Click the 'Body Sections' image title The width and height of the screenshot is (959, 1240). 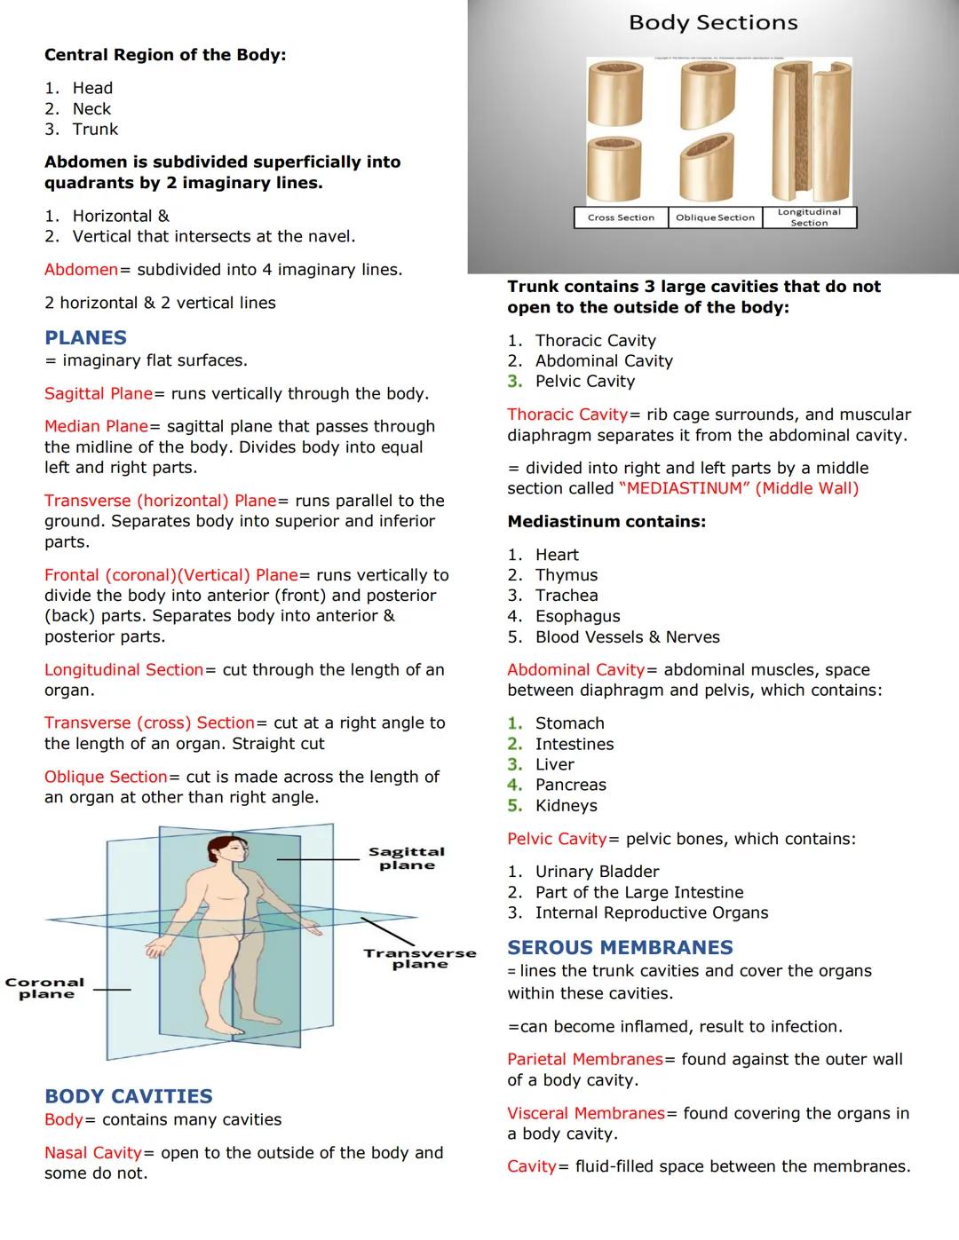tap(713, 23)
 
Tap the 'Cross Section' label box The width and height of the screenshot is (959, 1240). tap(621, 217)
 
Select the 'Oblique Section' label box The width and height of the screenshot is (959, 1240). tap(715, 217)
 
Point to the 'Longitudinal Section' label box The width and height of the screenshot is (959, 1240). tap(809, 217)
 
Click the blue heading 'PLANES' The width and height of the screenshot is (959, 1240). tap(85, 337)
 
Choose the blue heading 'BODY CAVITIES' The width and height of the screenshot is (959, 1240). tap(129, 1096)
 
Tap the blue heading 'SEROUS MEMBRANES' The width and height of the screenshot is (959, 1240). tap(620, 947)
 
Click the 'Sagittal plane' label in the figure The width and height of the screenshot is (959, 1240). tap(407, 858)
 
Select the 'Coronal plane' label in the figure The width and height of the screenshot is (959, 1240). tap(45, 988)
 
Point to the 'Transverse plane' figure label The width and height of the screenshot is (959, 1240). tap(419, 959)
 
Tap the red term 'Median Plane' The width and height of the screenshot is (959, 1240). tap(96, 426)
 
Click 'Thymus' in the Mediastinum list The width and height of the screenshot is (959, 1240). tap(566, 575)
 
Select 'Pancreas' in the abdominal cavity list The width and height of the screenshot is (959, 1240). tap(570, 785)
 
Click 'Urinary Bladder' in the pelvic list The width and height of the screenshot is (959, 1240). tap(597, 872)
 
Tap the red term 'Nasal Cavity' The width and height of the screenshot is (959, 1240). tap(93, 1152)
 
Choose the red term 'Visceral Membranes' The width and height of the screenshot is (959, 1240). tap(586, 1113)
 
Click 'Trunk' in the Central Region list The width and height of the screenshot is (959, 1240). tap(95, 130)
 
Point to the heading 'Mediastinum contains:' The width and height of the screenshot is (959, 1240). tap(606, 522)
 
